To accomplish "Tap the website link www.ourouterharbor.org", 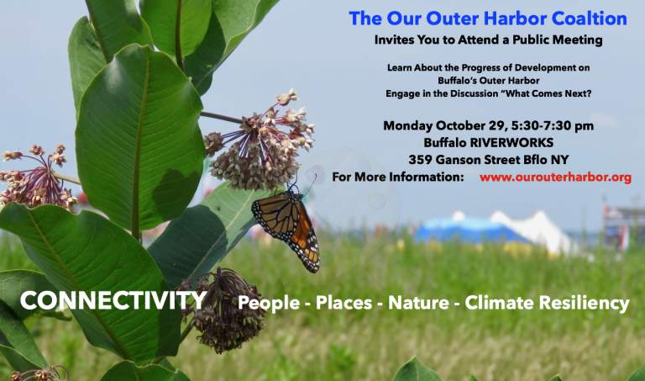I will pos(554,177).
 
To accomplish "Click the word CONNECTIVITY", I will pos(113,301).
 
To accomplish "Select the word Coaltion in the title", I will pos(587,19).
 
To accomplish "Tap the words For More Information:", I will pos(398,177).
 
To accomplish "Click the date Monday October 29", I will pos(444,125).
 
